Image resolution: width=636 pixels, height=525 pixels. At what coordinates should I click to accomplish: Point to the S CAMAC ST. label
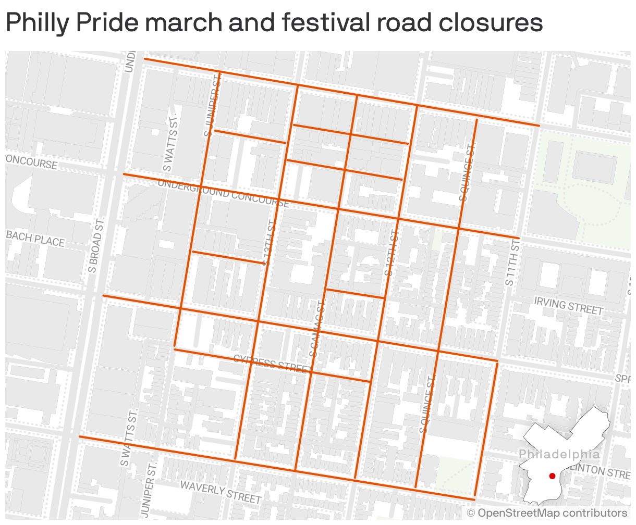pos(318,327)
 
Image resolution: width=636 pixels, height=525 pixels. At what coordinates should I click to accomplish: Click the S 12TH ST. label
pos(392,249)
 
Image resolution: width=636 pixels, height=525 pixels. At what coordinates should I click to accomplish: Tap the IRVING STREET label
pos(568,306)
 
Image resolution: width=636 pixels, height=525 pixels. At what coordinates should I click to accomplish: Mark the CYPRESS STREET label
pos(272,362)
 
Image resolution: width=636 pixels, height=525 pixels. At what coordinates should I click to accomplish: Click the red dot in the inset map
pos(552,476)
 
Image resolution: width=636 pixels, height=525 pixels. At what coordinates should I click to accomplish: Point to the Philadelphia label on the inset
pos(558,454)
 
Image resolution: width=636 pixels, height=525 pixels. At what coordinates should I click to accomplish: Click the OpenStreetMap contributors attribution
pos(547,514)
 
